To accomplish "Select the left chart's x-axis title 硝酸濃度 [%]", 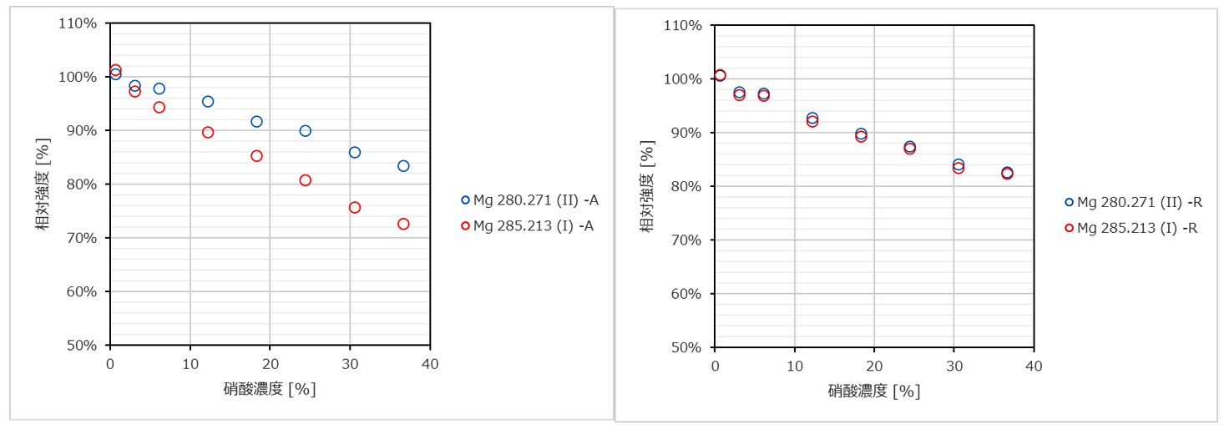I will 270,389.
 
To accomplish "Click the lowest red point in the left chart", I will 403,224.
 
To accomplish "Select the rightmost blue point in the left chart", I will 403,166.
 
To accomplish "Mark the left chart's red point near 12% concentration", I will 208,133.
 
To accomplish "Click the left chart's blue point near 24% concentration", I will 306,131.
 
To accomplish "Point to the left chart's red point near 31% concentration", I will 355,207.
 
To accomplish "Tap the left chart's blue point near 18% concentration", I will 256,122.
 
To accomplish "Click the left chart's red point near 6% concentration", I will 159,107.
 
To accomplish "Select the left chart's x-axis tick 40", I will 430,365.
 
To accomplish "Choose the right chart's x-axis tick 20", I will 874,367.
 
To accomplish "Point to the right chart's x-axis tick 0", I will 715,367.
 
